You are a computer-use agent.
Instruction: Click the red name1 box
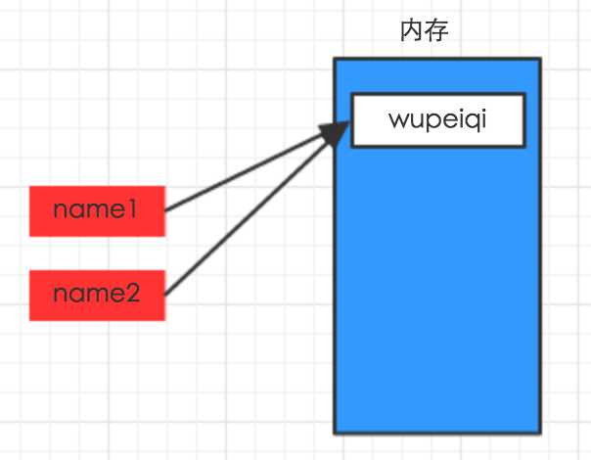tap(97, 210)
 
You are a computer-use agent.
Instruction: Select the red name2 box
tap(97, 295)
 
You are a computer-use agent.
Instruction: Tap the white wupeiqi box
tap(437, 119)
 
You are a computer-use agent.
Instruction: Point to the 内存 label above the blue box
tap(424, 31)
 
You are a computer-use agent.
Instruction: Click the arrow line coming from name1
tap(245, 173)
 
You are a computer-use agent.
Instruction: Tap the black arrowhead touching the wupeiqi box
tap(338, 132)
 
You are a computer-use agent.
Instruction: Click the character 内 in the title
tap(412, 31)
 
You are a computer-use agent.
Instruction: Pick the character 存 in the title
tap(436, 31)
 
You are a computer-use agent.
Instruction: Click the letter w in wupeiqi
tap(397, 120)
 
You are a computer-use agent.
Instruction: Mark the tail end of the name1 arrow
tap(166, 209)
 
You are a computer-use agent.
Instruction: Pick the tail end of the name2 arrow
tap(166, 294)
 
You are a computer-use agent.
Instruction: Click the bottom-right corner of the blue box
tap(539, 432)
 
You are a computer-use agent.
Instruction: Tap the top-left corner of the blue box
tap(335, 60)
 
